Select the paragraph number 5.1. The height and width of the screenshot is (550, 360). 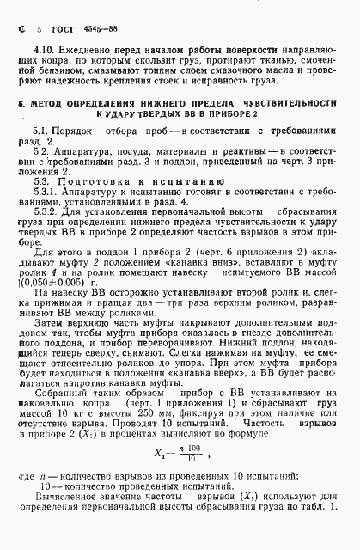[x=41, y=152]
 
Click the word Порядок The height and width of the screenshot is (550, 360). [x=76, y=152]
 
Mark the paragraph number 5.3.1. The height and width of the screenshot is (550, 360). [x=45, y=219]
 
